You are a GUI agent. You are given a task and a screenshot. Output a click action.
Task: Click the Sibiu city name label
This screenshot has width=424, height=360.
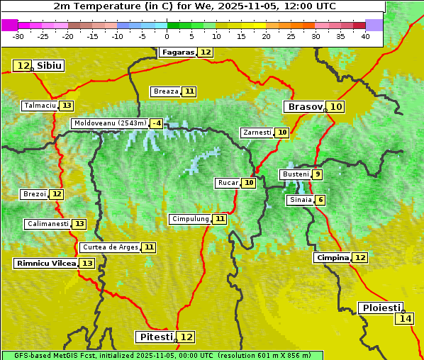(x=50, y=66)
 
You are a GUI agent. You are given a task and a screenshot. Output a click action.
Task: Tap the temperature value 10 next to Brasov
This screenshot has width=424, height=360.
(x=336, y=107)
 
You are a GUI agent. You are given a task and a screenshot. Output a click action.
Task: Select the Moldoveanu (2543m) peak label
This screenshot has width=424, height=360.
(x=109, y=123)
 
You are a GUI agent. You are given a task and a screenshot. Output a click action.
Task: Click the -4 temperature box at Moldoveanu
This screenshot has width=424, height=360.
(x=156, y=123)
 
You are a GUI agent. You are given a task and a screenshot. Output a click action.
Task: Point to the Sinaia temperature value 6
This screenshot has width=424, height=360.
(x=320, y=201)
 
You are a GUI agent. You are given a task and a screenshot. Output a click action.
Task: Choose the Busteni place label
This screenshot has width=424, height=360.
(x=295, y=174)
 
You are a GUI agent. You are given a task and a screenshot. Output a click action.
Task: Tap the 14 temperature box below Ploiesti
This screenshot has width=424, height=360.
(x=405, y=319)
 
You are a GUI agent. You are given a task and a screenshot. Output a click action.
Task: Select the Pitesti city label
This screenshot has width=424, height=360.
(x=155, y=337)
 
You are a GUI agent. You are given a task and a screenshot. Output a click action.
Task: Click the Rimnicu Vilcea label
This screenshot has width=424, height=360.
(x=45, y=263)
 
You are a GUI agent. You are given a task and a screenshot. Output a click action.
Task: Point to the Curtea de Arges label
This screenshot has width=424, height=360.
(x=109, y=247)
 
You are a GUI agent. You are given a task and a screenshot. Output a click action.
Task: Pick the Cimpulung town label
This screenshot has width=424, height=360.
(x=189, y=219)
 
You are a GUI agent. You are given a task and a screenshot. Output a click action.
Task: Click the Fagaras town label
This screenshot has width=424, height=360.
(x=177, y=52)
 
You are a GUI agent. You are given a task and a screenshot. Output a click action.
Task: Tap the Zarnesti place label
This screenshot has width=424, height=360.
(x=257, y=133)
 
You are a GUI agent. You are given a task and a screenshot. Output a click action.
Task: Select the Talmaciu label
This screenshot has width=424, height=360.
(x=40, y=106)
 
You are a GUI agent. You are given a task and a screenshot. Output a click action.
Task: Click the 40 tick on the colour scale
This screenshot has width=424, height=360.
(x=365, y=36)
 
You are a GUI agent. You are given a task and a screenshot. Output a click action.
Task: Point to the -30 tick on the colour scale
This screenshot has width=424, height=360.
(x=18, y=36)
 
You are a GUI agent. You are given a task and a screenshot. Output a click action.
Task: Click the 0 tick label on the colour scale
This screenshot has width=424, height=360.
(x=167, y=36)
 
